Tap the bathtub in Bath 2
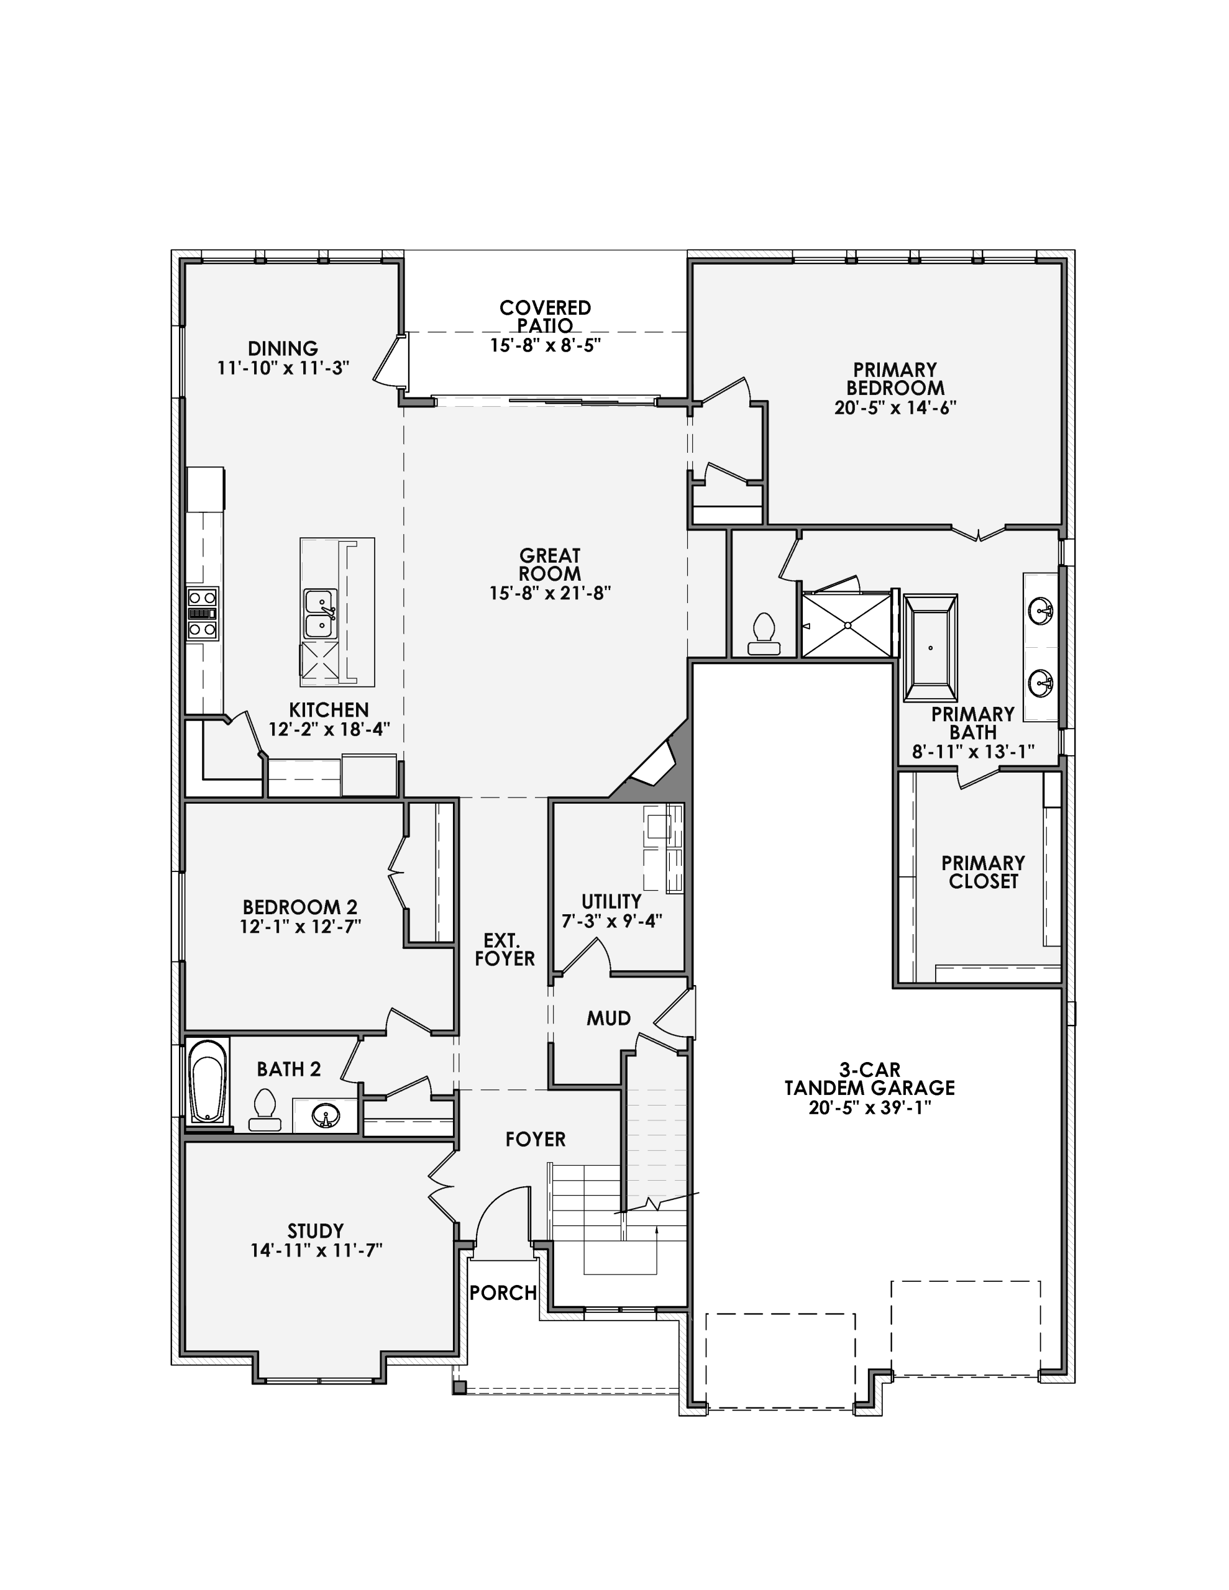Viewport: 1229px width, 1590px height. (x=208, y=1082)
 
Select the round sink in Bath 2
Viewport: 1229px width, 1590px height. (x=326, y=1115)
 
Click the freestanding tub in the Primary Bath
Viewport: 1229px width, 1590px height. (x=930, y=647)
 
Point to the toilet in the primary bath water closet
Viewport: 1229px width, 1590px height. (x=764, y=635)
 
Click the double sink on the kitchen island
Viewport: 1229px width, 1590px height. (x=321, y=614)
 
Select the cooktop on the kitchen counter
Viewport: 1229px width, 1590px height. (x=203, y=614)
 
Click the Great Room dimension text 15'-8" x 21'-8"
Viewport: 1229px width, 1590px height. (x=549, y=593)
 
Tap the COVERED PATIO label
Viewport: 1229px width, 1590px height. (x=545, y=316)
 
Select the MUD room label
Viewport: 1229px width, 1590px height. (x=608, y=1019)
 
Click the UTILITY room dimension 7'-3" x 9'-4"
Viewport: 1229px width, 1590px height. (x=611, y=921)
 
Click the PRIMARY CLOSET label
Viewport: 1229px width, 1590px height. (x=983, y=872)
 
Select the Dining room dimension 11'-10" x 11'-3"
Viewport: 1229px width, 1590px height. (x=283, y=368)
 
